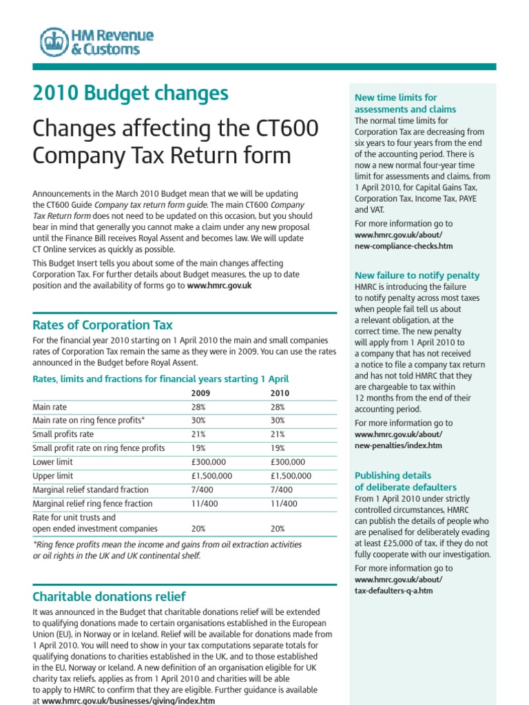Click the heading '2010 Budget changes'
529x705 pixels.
131,94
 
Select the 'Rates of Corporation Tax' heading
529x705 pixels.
103,325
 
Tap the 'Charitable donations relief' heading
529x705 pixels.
109,596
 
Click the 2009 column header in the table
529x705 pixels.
200,393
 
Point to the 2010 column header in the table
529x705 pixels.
280,393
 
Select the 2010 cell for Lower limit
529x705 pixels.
288,462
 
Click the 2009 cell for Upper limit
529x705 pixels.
211,476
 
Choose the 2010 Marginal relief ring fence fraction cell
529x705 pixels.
284,503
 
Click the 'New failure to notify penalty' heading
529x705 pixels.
417,275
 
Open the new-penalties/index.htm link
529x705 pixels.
399,445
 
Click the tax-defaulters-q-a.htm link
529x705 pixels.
393,591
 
